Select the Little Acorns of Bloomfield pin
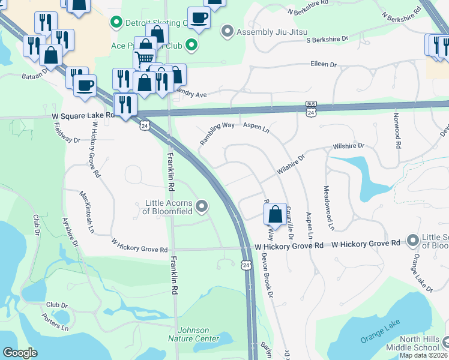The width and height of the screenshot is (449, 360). pos(202,207)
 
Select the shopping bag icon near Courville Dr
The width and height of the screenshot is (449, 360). pos(274,214)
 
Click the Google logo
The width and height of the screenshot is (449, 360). pos(20,352)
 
